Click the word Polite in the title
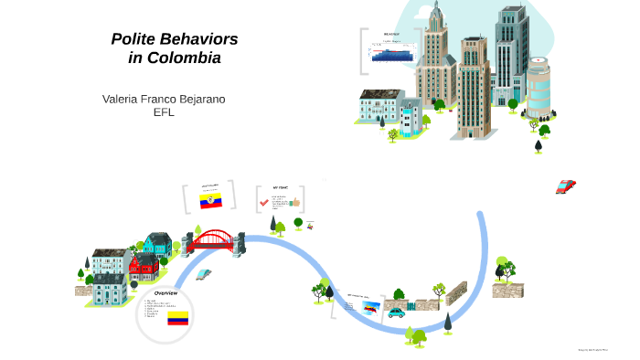[135, 39]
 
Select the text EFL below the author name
[164, 111]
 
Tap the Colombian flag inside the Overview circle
[177, 319]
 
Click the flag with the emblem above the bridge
[211, 200]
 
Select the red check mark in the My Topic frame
[263, 203]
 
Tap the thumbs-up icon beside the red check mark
[295, 202]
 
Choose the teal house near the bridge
[157, 244]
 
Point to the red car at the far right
[565, 186]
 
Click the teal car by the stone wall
[396, 313]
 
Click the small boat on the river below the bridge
[203, 273]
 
